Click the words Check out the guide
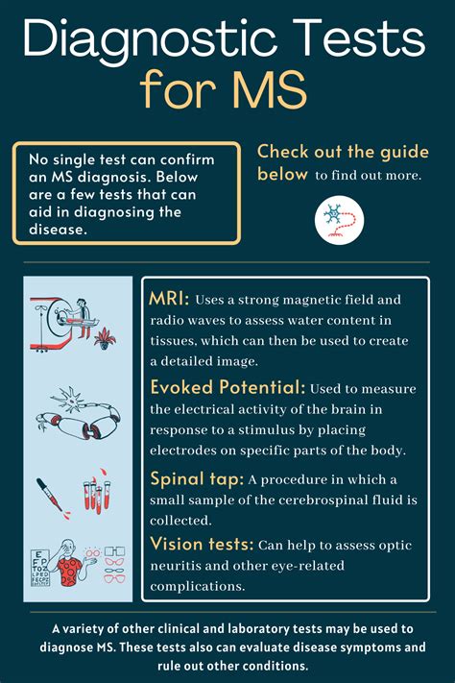point(342,152)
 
